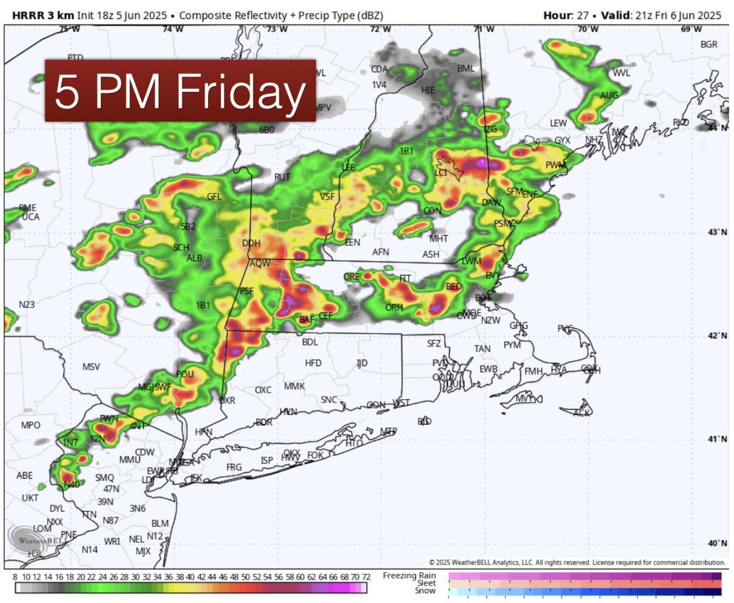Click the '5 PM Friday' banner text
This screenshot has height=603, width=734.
pyautogui.click(x=180, y=91)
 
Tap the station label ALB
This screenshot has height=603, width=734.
pyautogui.click(x=194, y=258)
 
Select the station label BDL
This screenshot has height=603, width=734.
pyautogui.click(x=310, y=342)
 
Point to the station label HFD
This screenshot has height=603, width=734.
pyautogui.click(x=313, y=363)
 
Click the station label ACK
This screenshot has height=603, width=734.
pyautogui.click(x=582, y=413)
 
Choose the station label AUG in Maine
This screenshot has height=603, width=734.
pyautogui.click(x=609, y=95)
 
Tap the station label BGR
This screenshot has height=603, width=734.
pyautogui.click(x=709, y=45)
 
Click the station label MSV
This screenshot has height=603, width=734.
pyautogui.click(x=91, y=367)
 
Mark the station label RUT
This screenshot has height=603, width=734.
pyautogui.click(x=282, y=177)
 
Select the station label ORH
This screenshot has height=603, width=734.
pyautogui.click(x=394, y=307)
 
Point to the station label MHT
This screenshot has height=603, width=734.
pyautogui.click(x=439, y=238)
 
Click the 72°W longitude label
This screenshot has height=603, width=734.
pyautogui.click(x=380, y=29)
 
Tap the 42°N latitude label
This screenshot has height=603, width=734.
pyautogui.click(x=717, y=335)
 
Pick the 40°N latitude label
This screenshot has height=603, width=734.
pyautogui.click(x=717, y=543)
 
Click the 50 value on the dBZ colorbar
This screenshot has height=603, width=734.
pyautogui.click(x=245, y=577)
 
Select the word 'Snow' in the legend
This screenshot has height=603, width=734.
pyautogui.click(x=425, y=591)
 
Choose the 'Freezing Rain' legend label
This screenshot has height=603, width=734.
pyautogui.click(x=409, y=575)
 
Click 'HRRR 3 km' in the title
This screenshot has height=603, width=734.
pyautogui.click(x=39, y=15)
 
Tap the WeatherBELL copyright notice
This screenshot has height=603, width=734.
pyautogui.click(x=577, y=562)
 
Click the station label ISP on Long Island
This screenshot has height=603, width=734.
pyautogui.click(x=267, y=460)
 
